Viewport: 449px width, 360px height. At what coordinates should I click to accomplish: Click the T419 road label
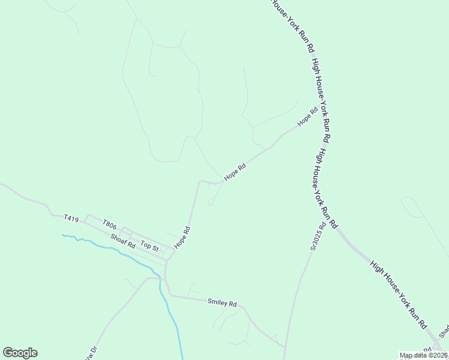71,219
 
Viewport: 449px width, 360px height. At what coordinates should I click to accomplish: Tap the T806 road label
109,224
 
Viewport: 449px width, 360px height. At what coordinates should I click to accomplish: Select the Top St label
149,246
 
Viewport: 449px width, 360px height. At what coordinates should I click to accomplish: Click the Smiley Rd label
222,303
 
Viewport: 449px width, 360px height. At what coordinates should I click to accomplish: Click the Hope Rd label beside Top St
182,238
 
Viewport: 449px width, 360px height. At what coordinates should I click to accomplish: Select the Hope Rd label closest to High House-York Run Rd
307,116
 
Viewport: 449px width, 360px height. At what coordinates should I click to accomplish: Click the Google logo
20,353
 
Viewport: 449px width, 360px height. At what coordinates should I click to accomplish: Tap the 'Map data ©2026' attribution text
424,355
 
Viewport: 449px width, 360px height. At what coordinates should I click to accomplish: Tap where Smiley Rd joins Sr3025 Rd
284,347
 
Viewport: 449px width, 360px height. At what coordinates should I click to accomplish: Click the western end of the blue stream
63,235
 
